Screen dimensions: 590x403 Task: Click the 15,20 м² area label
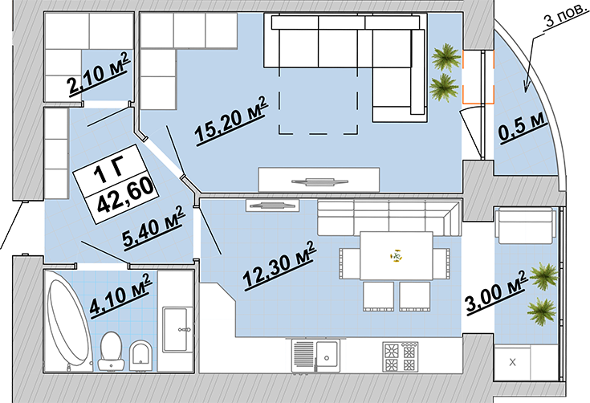pyautogui.click(x=230, y=120)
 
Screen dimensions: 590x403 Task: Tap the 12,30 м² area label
pyautogui.click(x=279, y=265)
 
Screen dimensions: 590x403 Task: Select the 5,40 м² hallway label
pyautogui.click(x=154, y=227)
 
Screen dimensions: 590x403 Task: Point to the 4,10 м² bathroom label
pyautogui.click(x=120, y=295)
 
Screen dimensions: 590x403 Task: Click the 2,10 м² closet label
pyautogui.click(x=99, y=75)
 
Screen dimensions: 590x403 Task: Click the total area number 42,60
pyautogui.click(x=126, y=195)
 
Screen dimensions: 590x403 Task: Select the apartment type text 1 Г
pyautogui.click(x=108, y=170)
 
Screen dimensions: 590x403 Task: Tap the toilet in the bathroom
pyautogui.click(x=112, y=350)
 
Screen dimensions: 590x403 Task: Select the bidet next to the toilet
pyautogui.click(x=141, y=356)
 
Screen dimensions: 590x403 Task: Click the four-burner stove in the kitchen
pyautogui.click(x=401, y=356)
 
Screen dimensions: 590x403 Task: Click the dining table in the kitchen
pyautogui.click(x=397, y=256)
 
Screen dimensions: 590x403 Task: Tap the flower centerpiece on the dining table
pyautogui.click(x=397, y=256)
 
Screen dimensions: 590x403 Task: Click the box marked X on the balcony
pyautogui.click(x=512, y=363)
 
